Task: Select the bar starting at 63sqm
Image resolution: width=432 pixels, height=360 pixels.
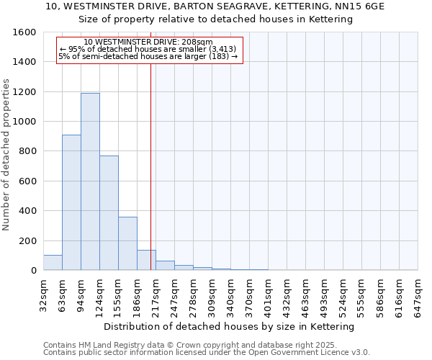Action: (71, 202)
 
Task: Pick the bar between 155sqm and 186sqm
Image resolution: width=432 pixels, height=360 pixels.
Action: (127, 243)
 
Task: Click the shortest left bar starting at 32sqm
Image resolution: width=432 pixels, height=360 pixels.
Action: (53, 263)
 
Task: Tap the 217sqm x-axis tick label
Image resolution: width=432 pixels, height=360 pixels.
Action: (156, 294)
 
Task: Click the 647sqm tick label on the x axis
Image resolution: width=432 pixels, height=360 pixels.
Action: (418, 294)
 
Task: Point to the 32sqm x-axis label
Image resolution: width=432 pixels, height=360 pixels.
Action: (43, 293)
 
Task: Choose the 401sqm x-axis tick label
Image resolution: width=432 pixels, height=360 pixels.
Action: (268, 294)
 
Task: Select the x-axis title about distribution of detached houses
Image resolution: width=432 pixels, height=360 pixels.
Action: (229, 327)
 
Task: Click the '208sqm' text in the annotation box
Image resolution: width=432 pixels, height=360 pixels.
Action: (197, 42)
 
